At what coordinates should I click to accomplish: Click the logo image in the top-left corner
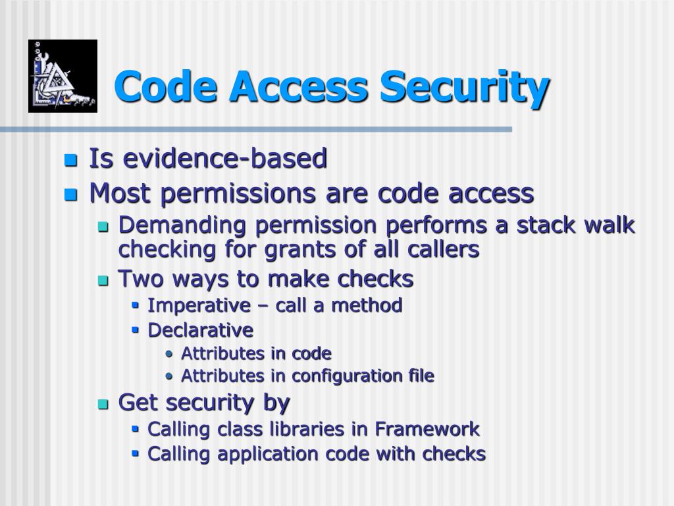click(x=63, y=76)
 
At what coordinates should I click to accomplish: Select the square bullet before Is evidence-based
click(x=70, y=160)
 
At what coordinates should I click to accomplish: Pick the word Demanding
click(x=182, y=226)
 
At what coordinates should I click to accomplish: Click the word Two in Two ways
click(x=142, y=279)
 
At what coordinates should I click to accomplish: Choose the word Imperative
click(x=199, y=306)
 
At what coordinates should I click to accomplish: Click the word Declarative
click(x=201, y=329)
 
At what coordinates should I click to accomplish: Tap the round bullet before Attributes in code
click(x=170, y=354)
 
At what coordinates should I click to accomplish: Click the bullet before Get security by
click(x=103, y=403)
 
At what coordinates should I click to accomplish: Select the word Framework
click(x=427, y=429)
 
